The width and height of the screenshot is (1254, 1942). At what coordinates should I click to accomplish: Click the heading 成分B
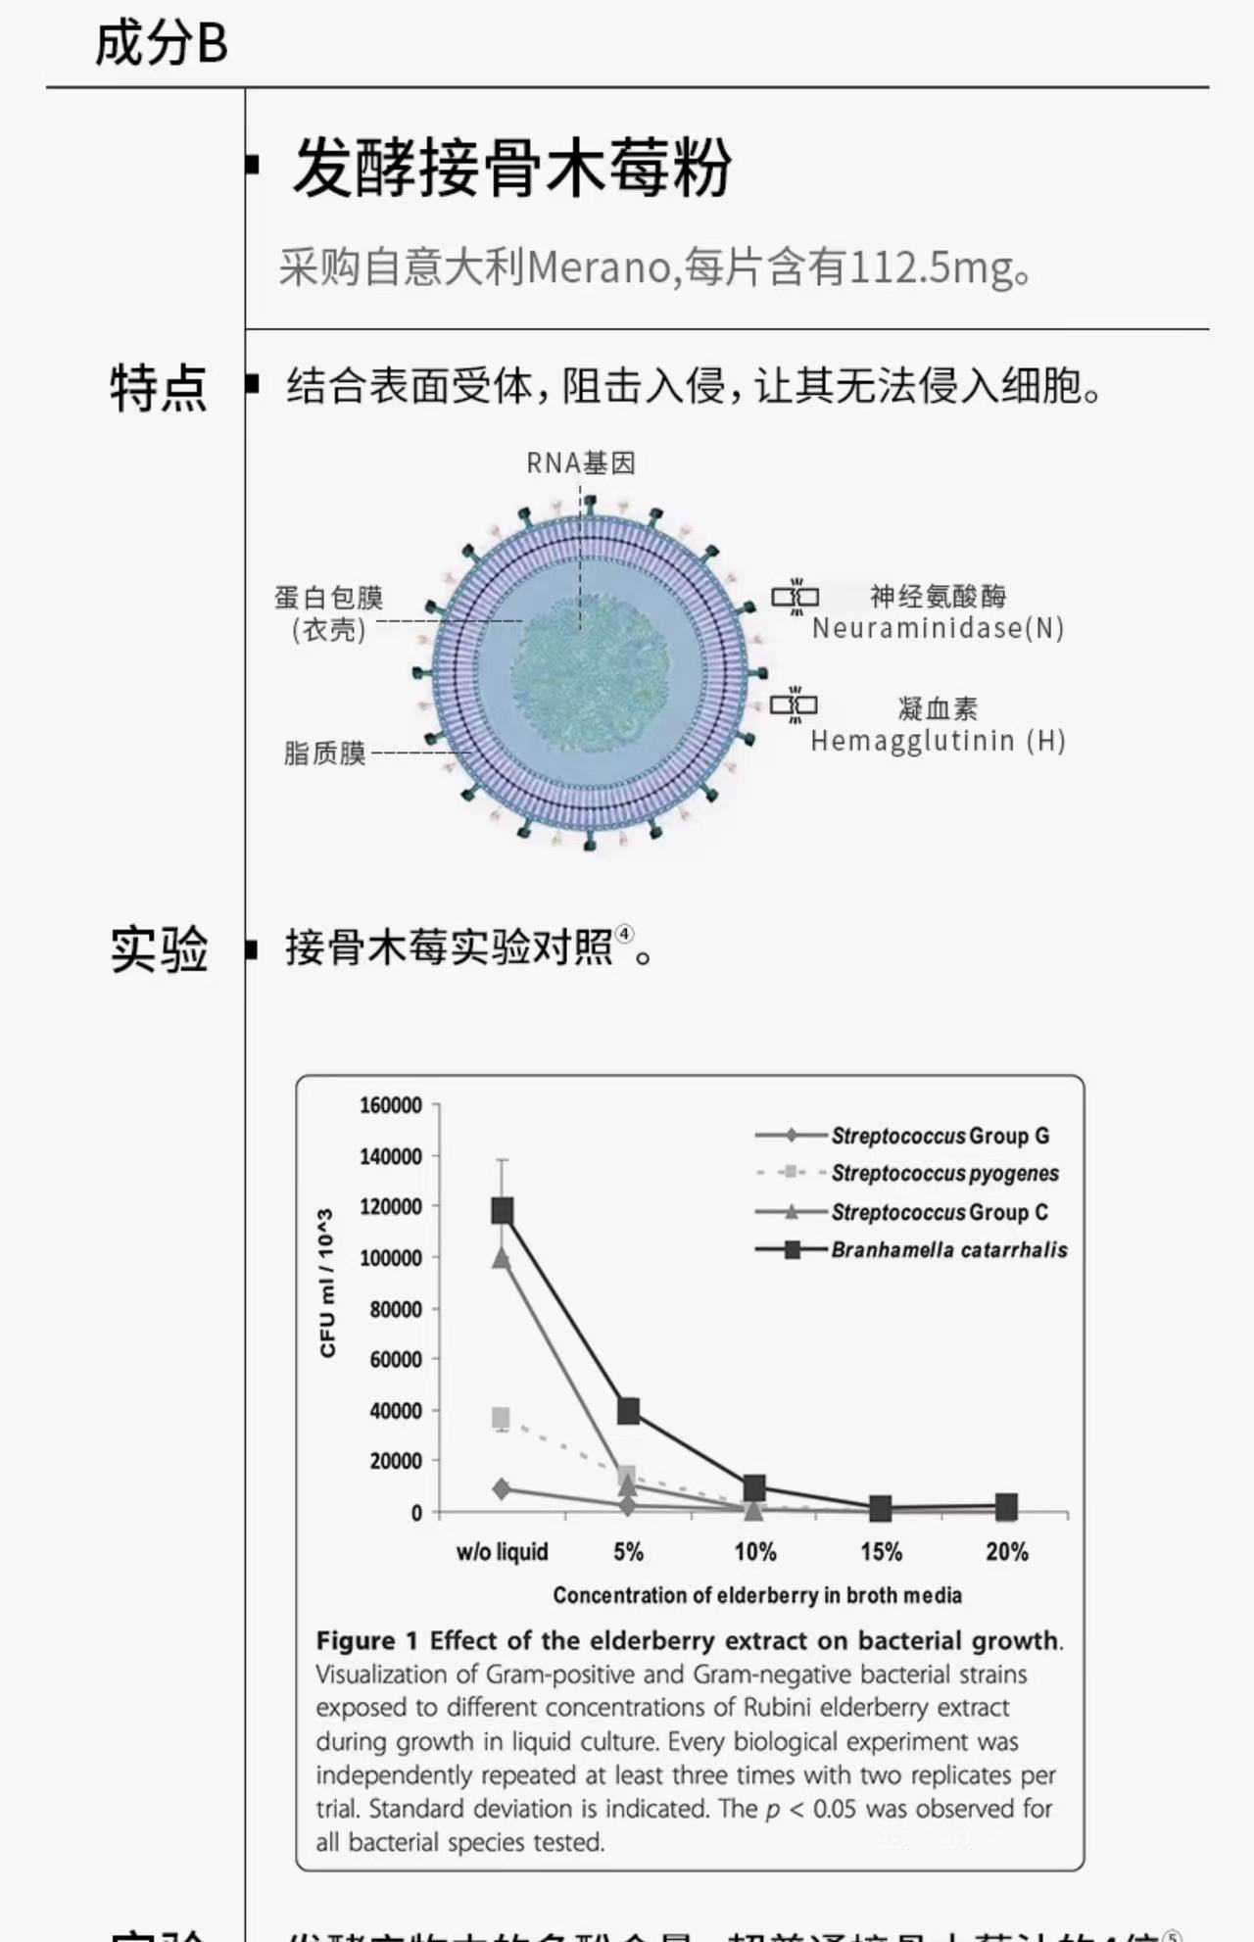point(161,43)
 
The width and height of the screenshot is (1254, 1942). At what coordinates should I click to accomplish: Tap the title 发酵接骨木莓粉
point(511,168)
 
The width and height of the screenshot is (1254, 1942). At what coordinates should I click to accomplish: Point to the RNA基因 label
point(581,462)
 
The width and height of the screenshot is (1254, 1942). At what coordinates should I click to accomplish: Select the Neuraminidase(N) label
point(938,628)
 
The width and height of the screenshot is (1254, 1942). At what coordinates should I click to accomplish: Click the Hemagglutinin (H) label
point(938,741)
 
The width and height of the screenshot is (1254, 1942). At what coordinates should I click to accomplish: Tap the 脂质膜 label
point(324,753)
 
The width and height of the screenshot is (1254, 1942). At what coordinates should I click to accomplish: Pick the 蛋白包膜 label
point(329,598)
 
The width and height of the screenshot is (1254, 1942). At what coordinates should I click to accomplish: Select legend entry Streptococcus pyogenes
point(944,1173)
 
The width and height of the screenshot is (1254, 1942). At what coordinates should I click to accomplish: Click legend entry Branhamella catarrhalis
point(948,1250)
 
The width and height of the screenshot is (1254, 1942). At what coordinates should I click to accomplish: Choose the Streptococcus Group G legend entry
point(940,1136)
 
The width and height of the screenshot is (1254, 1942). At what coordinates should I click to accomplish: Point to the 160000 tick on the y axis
point(391,1105)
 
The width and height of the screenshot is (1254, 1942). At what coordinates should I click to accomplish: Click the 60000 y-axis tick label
point(396,1359)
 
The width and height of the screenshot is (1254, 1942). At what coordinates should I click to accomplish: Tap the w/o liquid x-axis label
point(502,1552)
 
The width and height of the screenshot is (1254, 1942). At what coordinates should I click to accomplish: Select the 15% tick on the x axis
point(881,1552)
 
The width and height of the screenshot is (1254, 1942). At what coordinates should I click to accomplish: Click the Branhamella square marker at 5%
point(628,1411)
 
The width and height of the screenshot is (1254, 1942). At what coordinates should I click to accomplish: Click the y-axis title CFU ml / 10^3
point(327,1283)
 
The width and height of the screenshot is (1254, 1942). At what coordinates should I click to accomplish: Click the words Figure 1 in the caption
point(366,1640)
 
